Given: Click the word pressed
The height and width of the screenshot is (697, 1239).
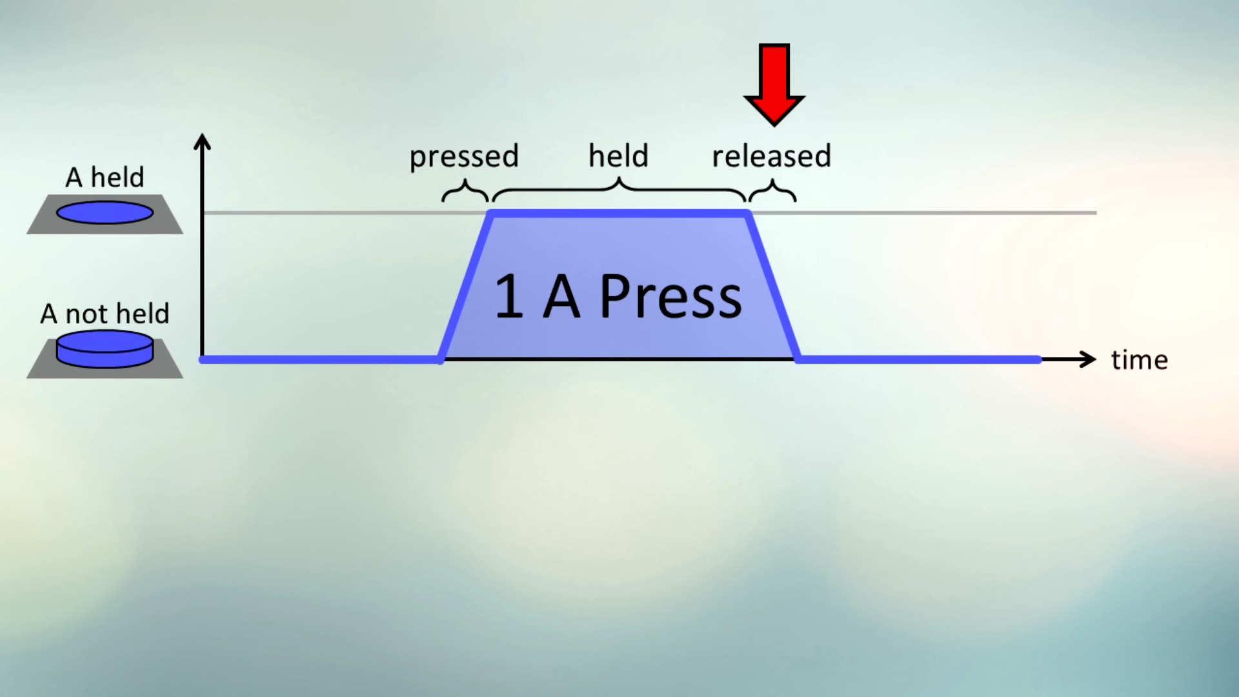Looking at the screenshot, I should tap(464, 156).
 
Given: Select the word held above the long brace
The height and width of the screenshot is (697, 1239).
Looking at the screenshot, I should tap(618, 156).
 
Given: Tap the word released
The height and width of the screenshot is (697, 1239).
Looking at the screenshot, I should tap(771, 156).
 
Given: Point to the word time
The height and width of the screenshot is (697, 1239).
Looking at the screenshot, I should tap(1139, 360).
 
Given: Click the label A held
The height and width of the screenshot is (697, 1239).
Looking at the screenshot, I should tap(105, 177).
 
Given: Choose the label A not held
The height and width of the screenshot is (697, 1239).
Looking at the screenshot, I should tap(105, 314).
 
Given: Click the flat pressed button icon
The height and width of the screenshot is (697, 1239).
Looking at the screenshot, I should tap(105, 212).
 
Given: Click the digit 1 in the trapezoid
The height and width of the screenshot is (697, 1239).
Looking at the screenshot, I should tap(509, 297).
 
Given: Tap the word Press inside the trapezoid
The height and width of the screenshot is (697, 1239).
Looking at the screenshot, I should tap(671, 297).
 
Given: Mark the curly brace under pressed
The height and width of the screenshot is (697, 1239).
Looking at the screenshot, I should tap(465, 192).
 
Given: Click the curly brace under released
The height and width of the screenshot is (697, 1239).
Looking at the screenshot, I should tap(772, 192).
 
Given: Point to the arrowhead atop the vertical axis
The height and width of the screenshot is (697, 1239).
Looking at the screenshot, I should tap(203, 141).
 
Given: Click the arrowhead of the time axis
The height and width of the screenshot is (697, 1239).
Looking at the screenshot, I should tap(1089, 359).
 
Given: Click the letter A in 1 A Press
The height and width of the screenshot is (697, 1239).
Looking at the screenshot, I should tap(561, 297).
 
